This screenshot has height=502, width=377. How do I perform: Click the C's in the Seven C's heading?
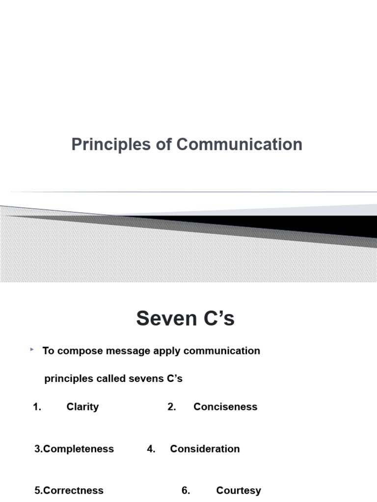216,319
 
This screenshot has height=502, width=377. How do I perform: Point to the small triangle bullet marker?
32,349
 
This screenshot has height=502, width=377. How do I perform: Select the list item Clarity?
82,407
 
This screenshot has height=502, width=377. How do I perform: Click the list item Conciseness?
225,407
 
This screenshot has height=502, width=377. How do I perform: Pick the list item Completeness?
79,449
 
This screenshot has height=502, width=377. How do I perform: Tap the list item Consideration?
205,449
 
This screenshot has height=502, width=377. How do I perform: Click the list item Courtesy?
239,491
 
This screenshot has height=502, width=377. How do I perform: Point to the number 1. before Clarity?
37,407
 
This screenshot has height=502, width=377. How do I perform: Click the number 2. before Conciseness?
172,407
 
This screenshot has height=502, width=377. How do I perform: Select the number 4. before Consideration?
151,449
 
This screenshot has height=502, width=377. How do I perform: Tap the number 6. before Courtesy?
186,491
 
